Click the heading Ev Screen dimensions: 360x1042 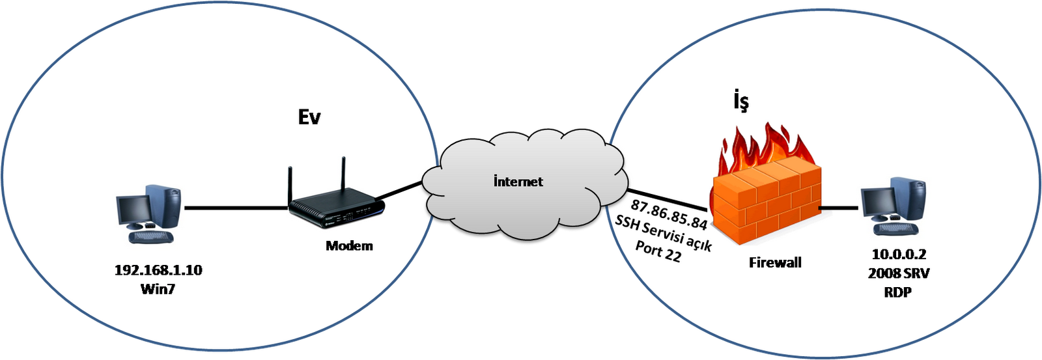click(309, 117)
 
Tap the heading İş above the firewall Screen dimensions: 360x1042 click(737, 103)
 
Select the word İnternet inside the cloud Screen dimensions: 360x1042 click(518, 181)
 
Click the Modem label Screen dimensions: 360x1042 click(349, 245)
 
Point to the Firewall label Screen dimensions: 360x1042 click(775, 262)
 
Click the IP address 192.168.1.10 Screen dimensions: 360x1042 click(158, 270)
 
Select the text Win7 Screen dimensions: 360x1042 click(158, 289)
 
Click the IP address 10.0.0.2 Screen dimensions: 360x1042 click(899, 256)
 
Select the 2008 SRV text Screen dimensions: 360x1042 click(899, 274)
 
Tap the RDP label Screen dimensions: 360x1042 click(898, 292)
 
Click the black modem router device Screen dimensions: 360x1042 click(337, 208)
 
